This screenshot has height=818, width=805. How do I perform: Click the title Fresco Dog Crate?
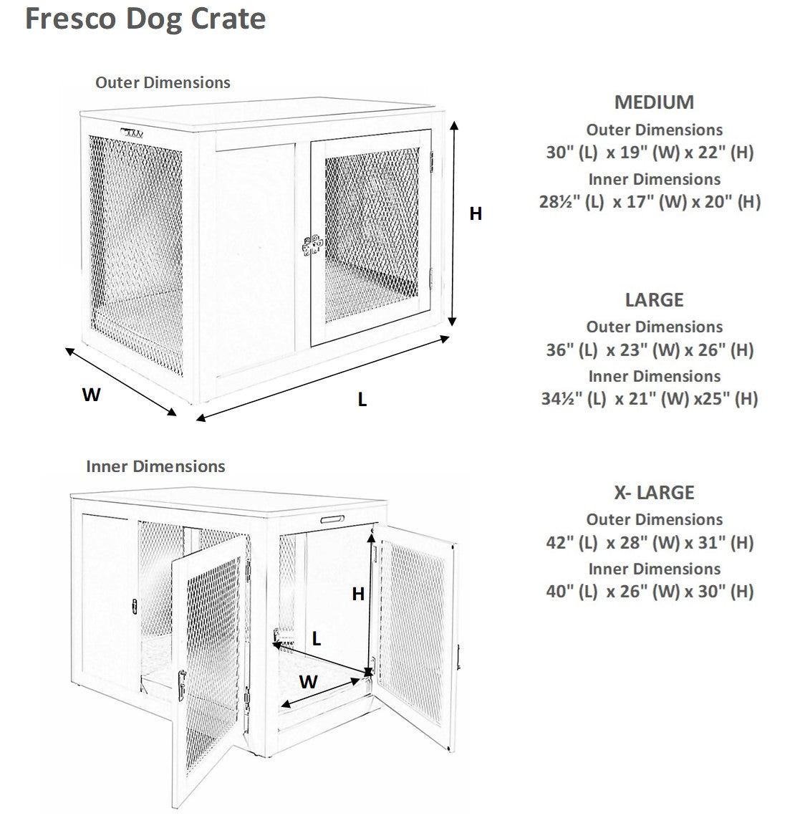point(145,19)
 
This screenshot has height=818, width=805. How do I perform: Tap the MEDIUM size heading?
point(654,102)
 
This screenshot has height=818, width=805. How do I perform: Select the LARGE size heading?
point(654,299)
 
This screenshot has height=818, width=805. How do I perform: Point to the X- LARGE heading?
point(654,493)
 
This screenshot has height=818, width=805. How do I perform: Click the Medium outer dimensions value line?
point(650,153)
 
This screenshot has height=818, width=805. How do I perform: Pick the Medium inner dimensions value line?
point(650,202)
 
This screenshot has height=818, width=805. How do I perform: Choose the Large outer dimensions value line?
point(650,350)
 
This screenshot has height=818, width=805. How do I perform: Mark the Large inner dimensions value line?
point(650,398)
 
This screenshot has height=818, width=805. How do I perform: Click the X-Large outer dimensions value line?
point(650,543)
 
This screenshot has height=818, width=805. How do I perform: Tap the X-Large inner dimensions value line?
point(650,592)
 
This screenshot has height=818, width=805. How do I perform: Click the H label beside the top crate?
point(476,213)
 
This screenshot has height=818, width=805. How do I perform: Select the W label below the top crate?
point(91,395)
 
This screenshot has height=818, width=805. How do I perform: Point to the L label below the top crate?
point(362,400)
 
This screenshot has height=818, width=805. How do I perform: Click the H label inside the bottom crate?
point(358,594)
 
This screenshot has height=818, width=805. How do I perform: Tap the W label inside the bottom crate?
point(308,682)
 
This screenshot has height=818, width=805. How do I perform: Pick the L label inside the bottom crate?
point(317,639)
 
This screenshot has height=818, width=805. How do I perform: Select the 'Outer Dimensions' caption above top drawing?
point(163,82)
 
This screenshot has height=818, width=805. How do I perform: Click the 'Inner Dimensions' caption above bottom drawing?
point(155,466)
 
